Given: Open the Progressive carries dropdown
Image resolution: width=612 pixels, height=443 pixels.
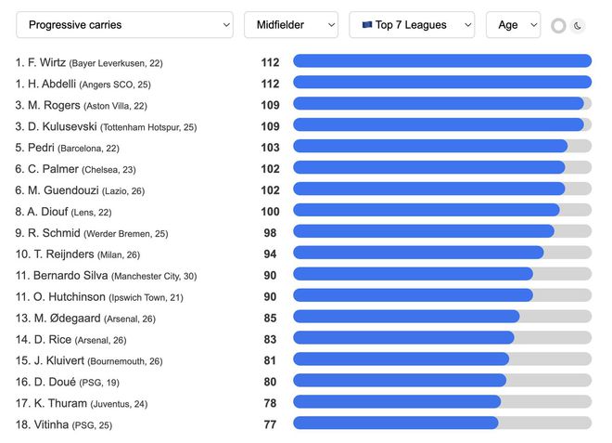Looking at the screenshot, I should (124, 25).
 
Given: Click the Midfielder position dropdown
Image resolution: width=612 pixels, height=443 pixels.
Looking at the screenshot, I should (291, 25).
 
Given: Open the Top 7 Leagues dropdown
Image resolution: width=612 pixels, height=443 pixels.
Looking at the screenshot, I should (411, 25).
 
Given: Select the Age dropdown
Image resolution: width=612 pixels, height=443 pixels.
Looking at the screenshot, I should (513, 25).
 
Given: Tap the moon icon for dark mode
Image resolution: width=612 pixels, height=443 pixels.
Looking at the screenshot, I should (578, 26).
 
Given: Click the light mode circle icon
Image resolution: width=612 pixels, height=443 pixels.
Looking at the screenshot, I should (558, 26).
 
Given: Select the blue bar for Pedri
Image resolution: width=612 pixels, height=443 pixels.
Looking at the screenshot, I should (429, 147).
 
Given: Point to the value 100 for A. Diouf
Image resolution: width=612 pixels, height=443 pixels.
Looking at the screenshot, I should (270, 211).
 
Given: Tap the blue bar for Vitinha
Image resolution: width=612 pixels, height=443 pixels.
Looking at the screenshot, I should (395, 423).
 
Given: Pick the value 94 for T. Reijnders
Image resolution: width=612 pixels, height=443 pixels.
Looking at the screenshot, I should (270, 254).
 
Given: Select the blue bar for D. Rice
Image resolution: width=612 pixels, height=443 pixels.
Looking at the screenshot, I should (403, 338).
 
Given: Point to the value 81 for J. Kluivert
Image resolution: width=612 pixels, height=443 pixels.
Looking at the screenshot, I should (270, 360).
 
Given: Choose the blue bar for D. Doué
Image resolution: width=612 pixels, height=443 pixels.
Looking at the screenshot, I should (400, 381).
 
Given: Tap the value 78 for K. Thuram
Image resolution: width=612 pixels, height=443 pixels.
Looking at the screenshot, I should (270, 402).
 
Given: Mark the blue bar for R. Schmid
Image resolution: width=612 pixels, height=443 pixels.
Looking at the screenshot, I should (423, 232).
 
